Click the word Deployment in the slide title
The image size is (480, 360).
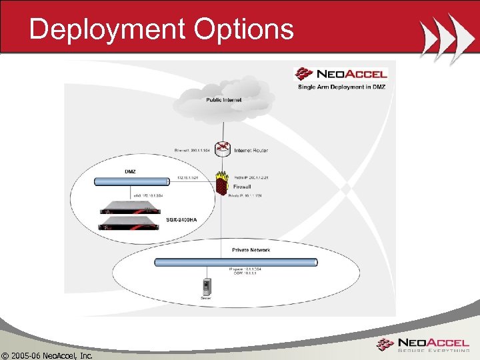click(x=108, y=29)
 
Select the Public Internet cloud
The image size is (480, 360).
click(x=224, y=101)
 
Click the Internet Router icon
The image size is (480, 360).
click(x=223, y=149)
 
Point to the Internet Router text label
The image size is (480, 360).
click(x=251, y=150)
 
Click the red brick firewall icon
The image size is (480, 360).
click(x=221, y=183)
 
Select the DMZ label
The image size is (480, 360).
click(x=131, y=171)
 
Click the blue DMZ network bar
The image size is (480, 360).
click(x=153, y=181)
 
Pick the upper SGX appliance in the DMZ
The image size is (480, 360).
click(x=132, y=207)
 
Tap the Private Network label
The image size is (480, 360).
click(x=251, y=250)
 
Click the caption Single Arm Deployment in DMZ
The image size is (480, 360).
click(x=341, y=87)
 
